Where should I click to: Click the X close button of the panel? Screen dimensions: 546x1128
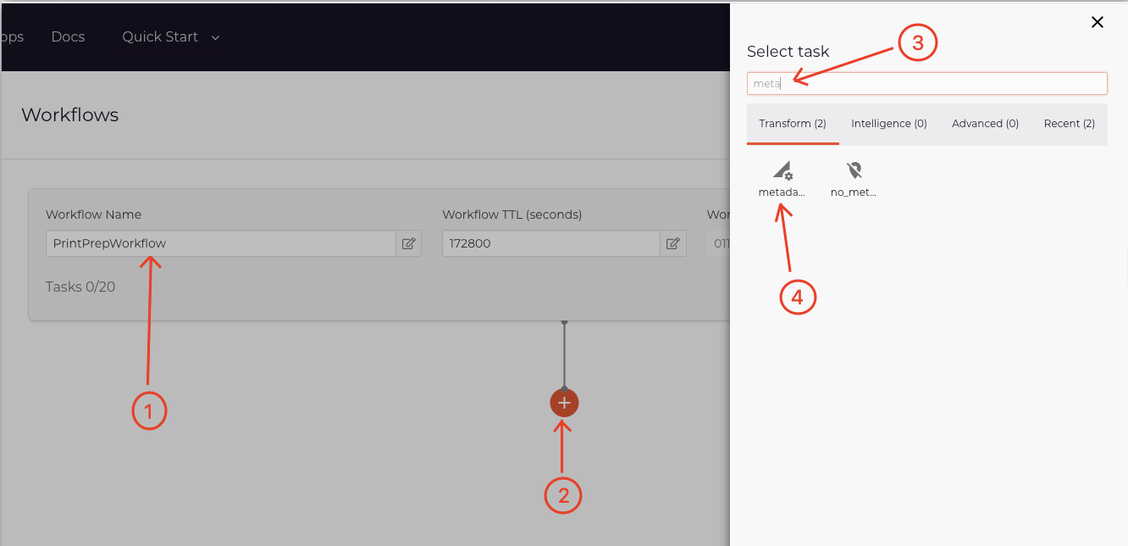[1097, 23]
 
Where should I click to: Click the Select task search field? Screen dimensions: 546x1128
[926, 83]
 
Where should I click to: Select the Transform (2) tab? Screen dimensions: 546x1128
[792, 124]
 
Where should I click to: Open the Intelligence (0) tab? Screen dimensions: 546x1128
[888, 124]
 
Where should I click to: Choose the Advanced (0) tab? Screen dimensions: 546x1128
[985, 124]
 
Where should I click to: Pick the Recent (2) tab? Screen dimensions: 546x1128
[1069, 124]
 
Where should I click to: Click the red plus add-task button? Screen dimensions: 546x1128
[564, 403]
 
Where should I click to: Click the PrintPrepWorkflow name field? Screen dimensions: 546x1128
[220, 243]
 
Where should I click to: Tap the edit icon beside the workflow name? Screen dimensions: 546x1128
[408, 243]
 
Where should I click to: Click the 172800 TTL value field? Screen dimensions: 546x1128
[550, 243]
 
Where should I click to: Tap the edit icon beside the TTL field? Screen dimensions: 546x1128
[672, 243]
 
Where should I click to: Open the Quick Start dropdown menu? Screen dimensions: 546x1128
[170, 37]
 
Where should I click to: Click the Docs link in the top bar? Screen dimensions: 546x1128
[68, 37]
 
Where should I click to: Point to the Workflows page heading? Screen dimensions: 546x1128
[70, 115]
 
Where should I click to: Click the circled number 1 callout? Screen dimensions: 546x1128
[149, 411]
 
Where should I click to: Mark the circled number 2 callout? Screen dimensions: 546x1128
[563, 496]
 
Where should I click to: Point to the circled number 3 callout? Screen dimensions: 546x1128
[916, 44]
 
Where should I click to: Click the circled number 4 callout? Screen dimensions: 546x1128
[797, 297]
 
